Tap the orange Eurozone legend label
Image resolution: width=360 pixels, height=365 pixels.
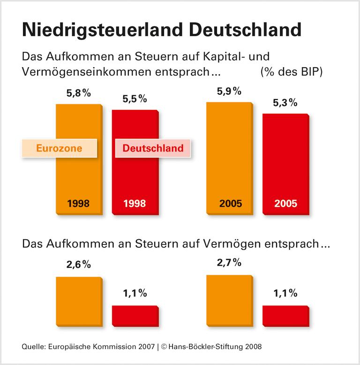(59, 148)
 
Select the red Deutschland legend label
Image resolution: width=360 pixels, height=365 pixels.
(153, 148)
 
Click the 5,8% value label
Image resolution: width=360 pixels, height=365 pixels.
(78, 93)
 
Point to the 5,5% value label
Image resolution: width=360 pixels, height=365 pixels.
(135, 99)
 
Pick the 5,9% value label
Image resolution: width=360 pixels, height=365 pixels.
(229, 91)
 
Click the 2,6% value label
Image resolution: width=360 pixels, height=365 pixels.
(78, 265)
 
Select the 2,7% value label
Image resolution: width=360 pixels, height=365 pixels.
(229, 262)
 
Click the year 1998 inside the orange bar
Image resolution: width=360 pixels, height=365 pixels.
(78, 204)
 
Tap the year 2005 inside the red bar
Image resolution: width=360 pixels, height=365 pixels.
(285, 204)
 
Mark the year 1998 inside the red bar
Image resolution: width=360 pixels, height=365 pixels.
(135, 204)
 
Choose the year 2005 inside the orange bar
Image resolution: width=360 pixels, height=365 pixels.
(229, 204)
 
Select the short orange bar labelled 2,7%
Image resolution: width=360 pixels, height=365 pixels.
(229, 300)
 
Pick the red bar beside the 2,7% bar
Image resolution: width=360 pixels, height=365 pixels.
(285, 315)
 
